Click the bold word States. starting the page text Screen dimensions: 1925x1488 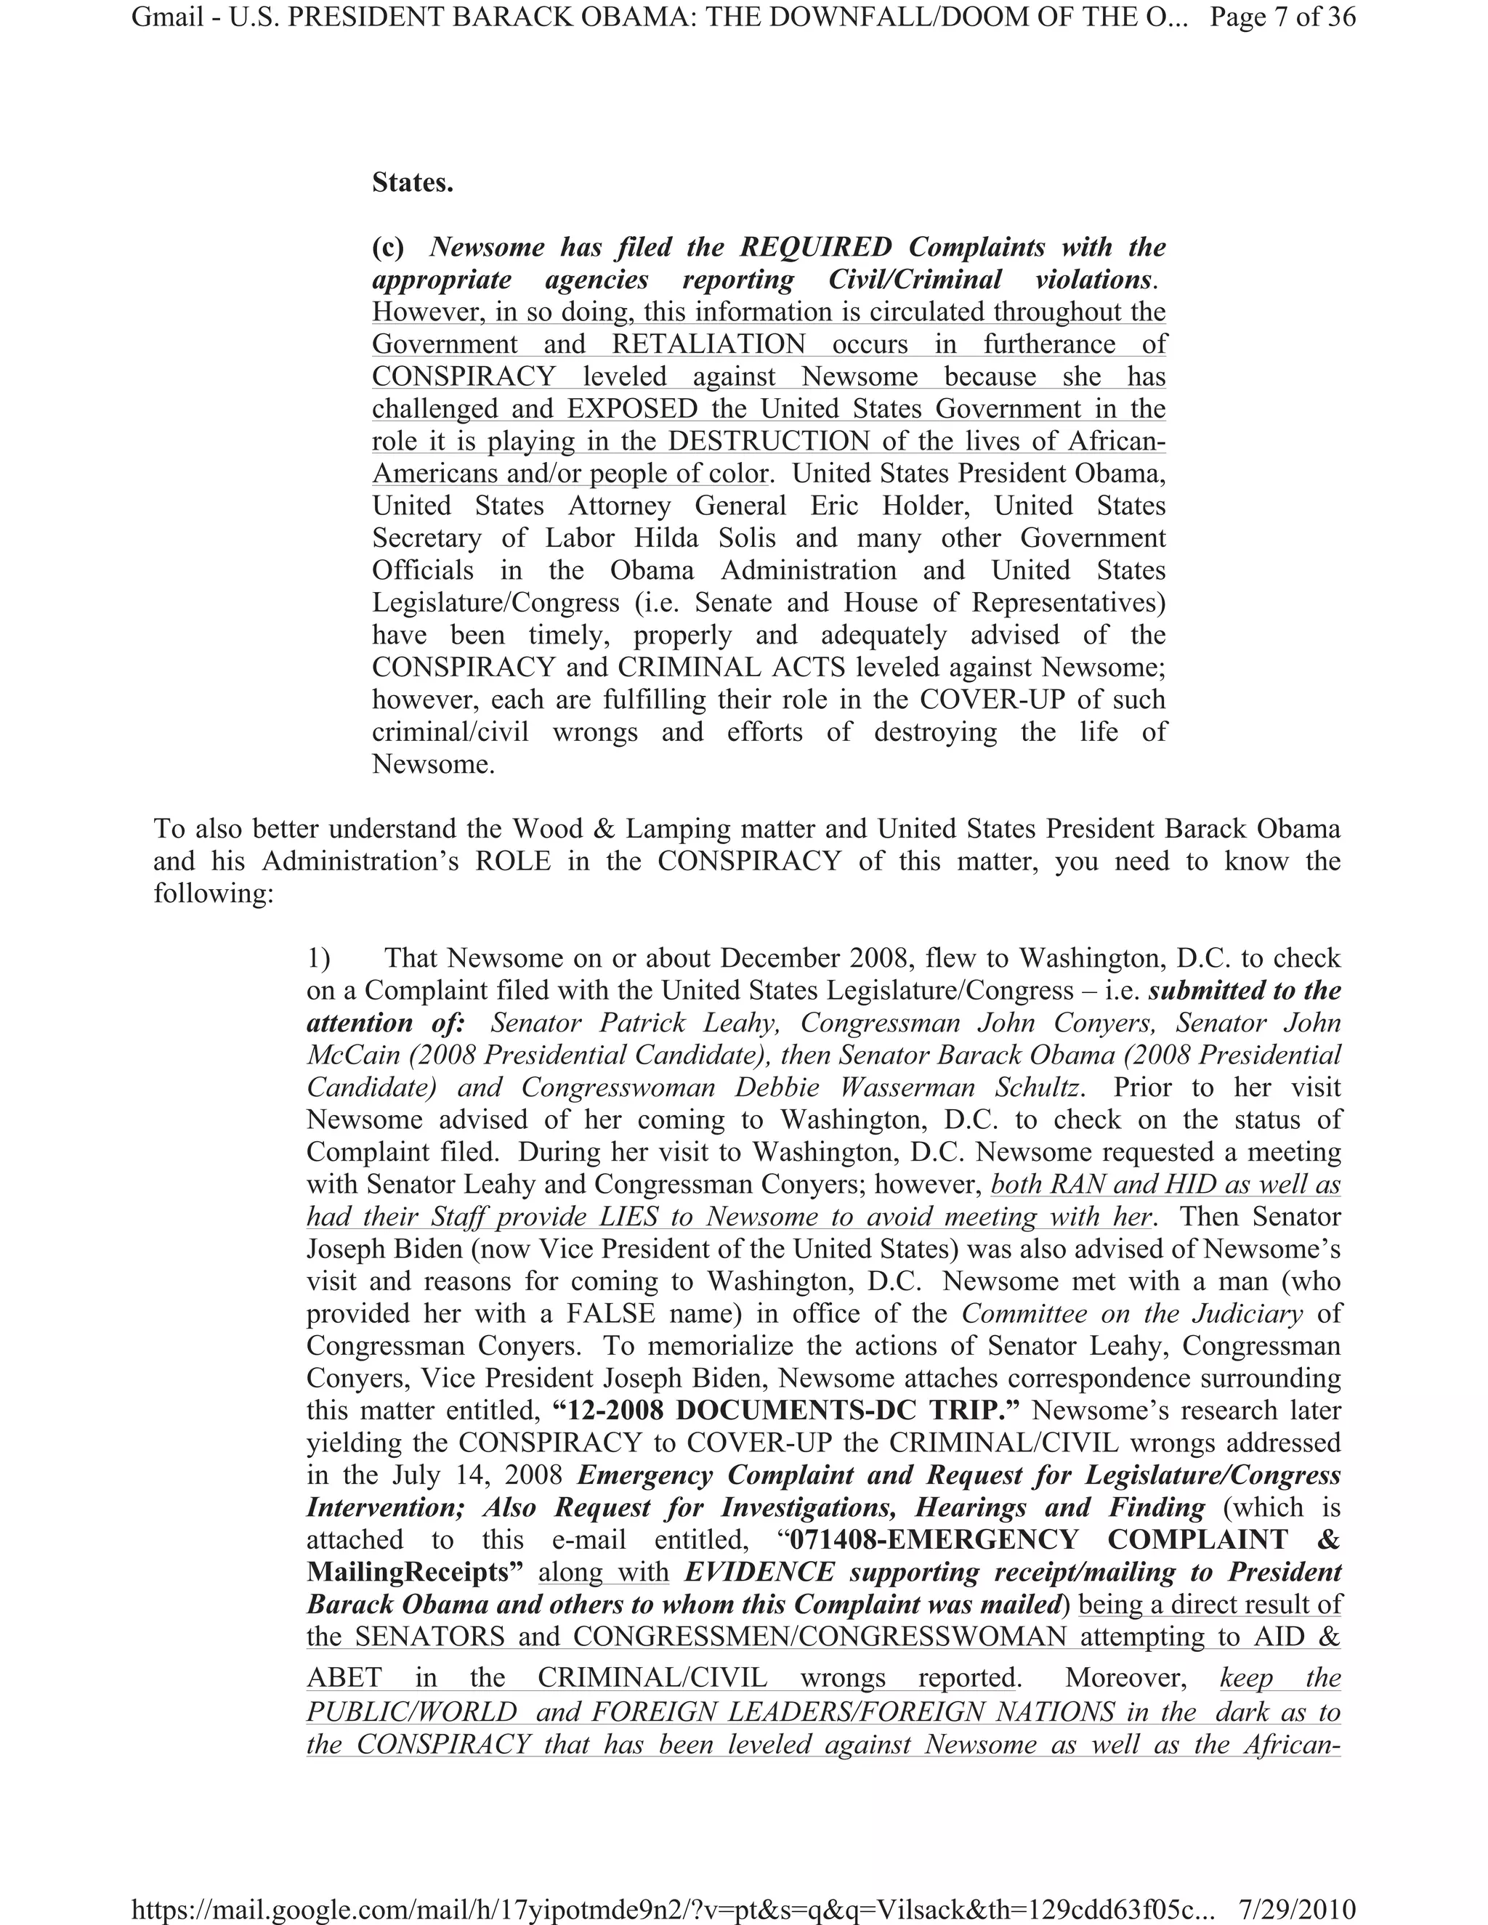click(x=413, y=182)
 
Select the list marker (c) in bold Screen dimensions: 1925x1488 click(x=388, y=248)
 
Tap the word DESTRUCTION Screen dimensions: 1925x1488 click(x=769, y=441)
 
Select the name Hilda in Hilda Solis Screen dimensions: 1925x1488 click(x=666, y=538)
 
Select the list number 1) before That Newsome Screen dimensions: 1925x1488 click(x=318, y=958)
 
